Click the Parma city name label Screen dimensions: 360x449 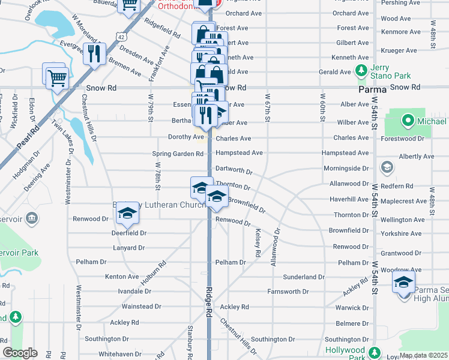coord(372,89)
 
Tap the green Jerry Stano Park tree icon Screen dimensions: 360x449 coord(361,71)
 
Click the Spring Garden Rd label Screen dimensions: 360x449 coord(178,154)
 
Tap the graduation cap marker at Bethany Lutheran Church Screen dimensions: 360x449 coord(127,212)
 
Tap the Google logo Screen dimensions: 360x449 coord(20,353)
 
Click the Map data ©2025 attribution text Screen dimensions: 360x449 coord(423,355)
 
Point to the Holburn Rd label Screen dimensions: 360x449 coord(153,272)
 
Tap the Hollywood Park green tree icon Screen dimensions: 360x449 coord(375,352)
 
